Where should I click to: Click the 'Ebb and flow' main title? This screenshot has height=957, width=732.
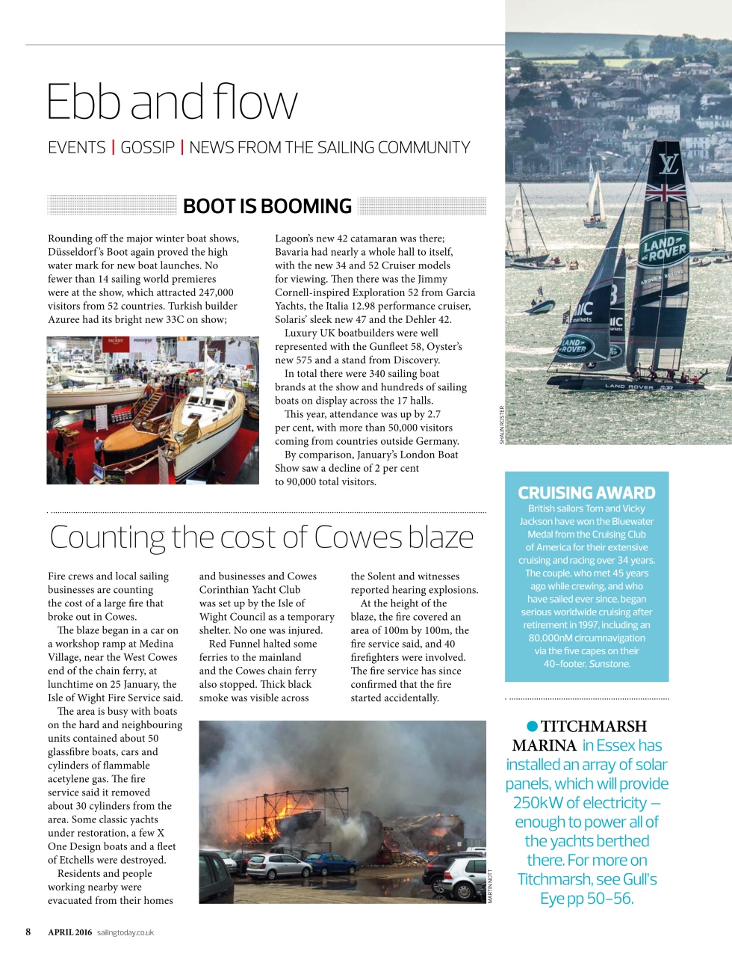tap(172, 102)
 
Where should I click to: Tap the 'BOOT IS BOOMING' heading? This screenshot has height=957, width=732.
tap(267, 206)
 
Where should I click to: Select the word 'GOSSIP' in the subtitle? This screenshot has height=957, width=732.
tap(147, 147)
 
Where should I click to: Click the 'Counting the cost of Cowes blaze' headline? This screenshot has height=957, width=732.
tap(261, 537)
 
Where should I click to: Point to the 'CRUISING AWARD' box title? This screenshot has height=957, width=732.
tap(586, 493)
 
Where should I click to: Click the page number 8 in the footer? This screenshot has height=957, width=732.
tap(28, 932)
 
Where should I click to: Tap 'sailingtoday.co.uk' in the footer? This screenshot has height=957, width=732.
tap(125, 932)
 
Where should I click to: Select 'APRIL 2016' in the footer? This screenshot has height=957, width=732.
tap(70, 932)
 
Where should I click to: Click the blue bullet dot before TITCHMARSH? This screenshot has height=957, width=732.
tap(532, 726)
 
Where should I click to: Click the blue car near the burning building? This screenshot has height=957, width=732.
tap(331, 864)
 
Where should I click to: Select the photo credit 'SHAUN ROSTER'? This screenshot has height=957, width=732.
tap(502, 425)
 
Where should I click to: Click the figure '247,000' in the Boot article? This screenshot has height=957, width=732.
tap(215, 292)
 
